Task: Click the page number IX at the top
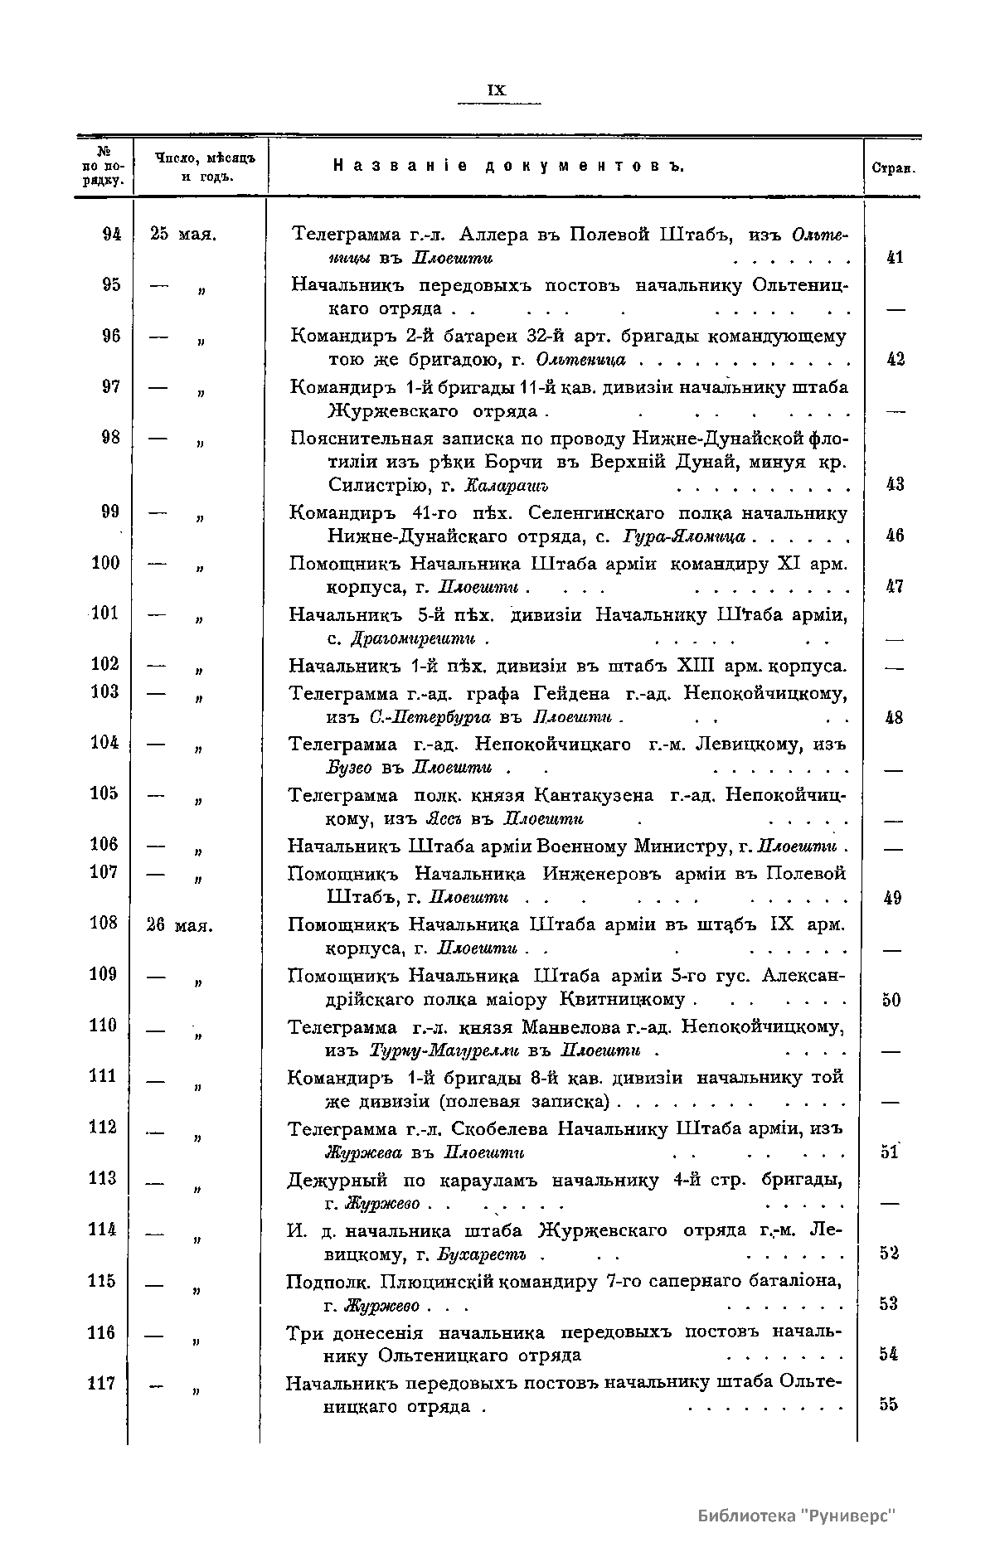[x=498, y=90]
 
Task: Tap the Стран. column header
[x=893, y=167]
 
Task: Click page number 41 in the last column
[x=894, y=258]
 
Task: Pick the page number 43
[x=894, y=485]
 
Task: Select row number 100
[x=105, y=564]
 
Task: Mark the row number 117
[x=103, y=1384]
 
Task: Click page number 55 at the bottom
[x=891, y=1404]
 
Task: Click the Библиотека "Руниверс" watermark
[x=797, y=1516]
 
